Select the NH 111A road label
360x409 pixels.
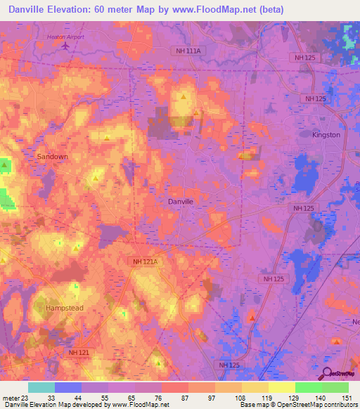pos(187,51)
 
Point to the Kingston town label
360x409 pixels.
pos(326,134)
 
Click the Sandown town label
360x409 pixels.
pos(53,156)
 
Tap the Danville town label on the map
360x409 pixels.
pos(181,201)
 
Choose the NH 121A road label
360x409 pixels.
pos(146,261)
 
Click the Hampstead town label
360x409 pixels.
pos(64,308)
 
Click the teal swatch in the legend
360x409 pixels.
pos(41,387)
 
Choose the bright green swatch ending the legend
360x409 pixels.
pos(335,387)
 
